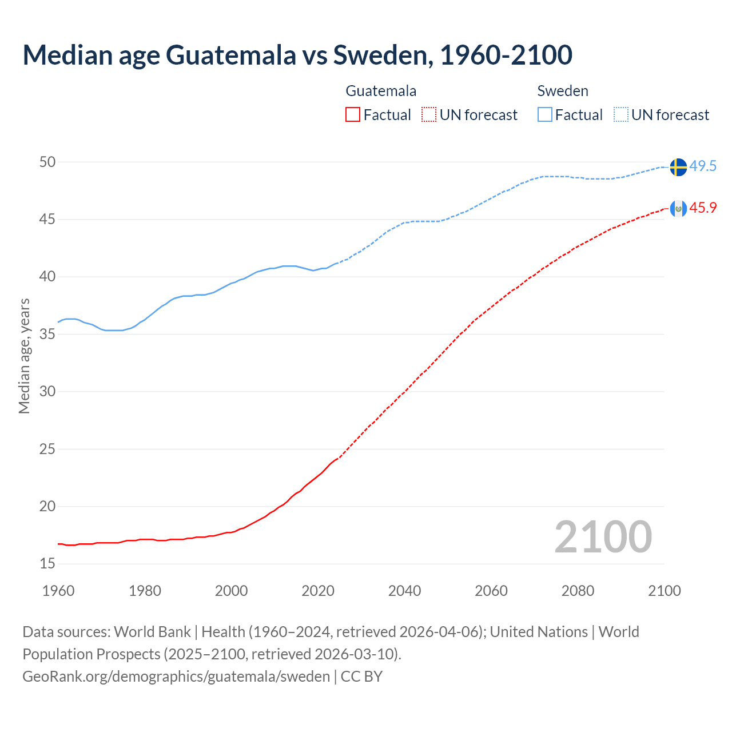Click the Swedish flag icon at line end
pos(678,167)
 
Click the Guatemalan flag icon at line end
pos(678,209)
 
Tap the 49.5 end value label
pos(703,166)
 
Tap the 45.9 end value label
pos(703,208)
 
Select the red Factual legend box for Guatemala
pos(353,115)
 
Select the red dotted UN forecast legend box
pos(429,115)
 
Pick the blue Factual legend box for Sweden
pos(545,115)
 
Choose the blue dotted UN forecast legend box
pos(621,115)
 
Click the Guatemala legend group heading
pos(381,91)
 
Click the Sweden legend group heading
pos(563,91)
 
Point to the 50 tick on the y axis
pos(47,162)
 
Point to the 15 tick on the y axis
pos(47,564)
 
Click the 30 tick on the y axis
pos(47,392)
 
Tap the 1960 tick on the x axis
pos(58,591)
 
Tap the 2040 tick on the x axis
pos(404,591)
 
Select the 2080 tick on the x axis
pos(578,591)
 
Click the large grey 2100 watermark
pos(603,536)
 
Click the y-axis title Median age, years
pos(24,356)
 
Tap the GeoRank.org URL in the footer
pos(176,677)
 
